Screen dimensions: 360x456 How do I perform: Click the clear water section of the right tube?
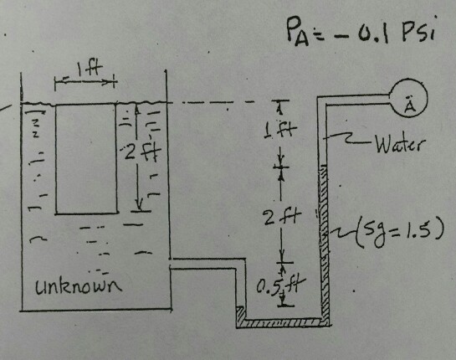(x=325, y=134)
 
